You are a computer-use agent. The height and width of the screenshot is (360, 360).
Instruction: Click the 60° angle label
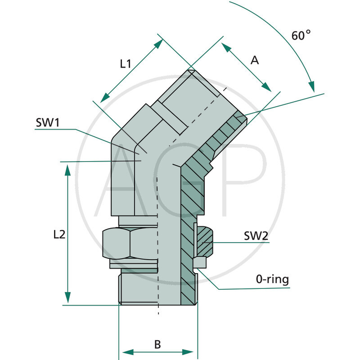click(301, 36)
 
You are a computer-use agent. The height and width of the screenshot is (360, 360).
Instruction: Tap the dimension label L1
click(125, 64)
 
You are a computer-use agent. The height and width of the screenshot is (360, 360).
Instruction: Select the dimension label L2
click(59, 234)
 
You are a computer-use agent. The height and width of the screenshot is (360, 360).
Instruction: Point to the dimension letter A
click(255, 60)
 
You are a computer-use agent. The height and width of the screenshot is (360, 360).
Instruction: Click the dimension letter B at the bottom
click(157, 345)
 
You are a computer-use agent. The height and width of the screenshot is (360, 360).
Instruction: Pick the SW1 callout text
click(48, 123)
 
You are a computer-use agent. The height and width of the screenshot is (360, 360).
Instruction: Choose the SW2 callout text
click(256, 235)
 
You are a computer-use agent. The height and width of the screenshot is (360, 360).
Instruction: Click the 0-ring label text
click(273, 279)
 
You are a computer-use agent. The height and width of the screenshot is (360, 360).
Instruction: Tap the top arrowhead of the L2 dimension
click(67, 170)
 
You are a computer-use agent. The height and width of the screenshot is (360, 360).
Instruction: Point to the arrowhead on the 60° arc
click(311, 87)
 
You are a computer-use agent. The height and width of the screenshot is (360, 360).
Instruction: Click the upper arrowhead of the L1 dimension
click(158, 43)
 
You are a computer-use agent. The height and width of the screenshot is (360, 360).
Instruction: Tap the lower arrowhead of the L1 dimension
click(104, 97)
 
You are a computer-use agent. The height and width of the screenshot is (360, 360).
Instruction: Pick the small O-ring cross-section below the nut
click(199, 262)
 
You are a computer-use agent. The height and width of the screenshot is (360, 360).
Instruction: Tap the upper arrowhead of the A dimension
click(225, 47)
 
